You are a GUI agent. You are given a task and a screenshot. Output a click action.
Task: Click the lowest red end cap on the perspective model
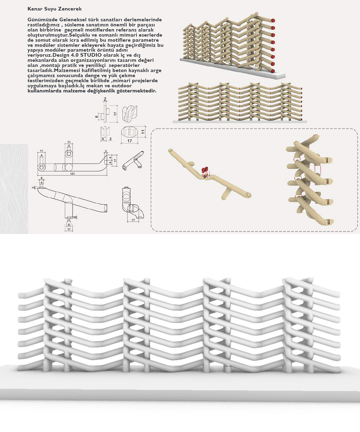[272, 71]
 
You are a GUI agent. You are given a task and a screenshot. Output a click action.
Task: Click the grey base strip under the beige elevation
[239, 122]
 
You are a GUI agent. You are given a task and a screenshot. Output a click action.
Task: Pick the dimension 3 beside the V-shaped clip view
[102, 139]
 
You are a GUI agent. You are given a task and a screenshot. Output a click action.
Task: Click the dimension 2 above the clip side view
[105, 99]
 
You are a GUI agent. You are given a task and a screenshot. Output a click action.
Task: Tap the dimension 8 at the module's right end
[111, 158]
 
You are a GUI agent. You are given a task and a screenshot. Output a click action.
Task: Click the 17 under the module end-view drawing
[133, 220]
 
